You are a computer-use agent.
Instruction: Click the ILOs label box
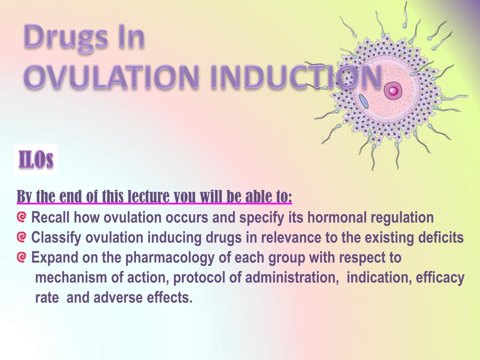(36, 160)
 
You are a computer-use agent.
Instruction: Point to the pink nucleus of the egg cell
(393, 90)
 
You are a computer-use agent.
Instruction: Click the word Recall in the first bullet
(51, 217)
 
